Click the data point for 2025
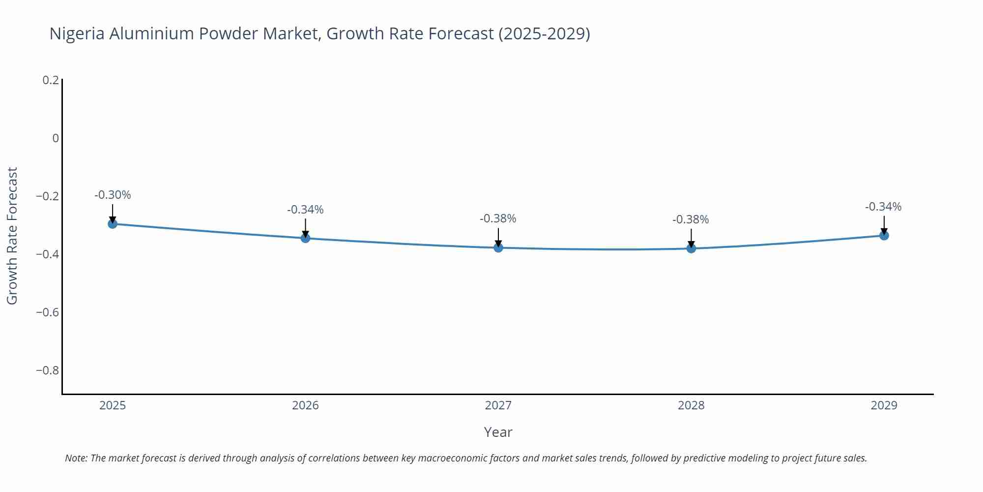(x=113, y=224)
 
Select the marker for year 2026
(x=305, y=239)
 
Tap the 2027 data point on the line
(x=498, y=247)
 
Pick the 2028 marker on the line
(x=691, y=248)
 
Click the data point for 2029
(x=884, y=236)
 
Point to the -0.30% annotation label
(x=113, y=195)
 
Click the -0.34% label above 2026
(x=305, y=210)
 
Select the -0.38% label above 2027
(x=498, y=218)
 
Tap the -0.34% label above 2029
(x=883, y=207)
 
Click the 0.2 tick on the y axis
(x=51, y=80)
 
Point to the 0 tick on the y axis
(x=56, y=138)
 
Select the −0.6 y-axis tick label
(x=47, y=312)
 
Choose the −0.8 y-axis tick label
(x=47, y=370)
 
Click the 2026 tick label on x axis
(x=305, y=405)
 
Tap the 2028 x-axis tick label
(x=691, y=405)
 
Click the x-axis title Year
(x=498, y=432)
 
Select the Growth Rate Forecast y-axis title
(x=12, y=236)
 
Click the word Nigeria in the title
(x=77, y=33)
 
